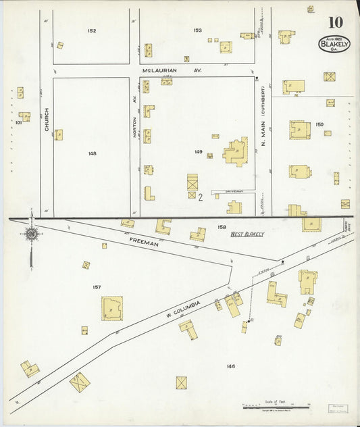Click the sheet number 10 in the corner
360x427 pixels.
(336, 22)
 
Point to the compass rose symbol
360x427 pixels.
(31, 234)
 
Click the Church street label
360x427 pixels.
(47, 120)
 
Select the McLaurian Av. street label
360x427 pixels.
(172, 70)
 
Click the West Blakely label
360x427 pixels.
(247, 234)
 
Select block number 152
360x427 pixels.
(91, 31)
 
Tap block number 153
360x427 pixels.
(197, 31)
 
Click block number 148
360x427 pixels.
(92, 153)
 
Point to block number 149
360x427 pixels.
(198, 153)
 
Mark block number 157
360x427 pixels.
(97, 287)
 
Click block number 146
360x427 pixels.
(231, 366)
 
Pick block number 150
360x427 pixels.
(319, 124)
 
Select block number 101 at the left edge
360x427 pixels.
(18, 123)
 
